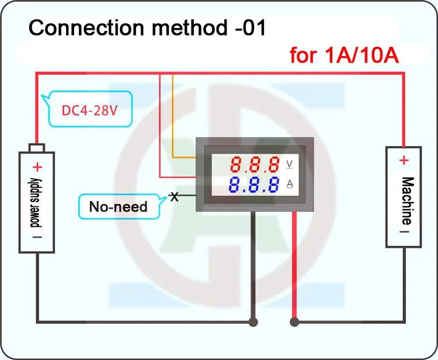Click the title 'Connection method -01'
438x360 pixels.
147,28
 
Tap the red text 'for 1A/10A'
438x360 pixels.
344,55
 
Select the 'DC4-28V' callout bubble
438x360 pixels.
87,109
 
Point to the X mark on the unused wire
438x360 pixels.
174,197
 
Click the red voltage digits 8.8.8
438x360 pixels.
255,164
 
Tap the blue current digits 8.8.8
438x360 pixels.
254,185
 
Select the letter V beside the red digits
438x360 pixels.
290,164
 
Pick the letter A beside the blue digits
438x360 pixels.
290,184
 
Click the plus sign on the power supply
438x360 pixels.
37,167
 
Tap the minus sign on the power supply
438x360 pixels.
37,237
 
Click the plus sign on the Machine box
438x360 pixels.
404,161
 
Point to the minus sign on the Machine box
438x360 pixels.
404,231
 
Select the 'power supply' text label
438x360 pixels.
36,203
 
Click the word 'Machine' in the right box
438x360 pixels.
408,200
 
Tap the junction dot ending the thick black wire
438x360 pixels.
253,322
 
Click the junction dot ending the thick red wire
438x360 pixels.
294,322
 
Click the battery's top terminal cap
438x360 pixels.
37,148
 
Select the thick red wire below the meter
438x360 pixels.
294,265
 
